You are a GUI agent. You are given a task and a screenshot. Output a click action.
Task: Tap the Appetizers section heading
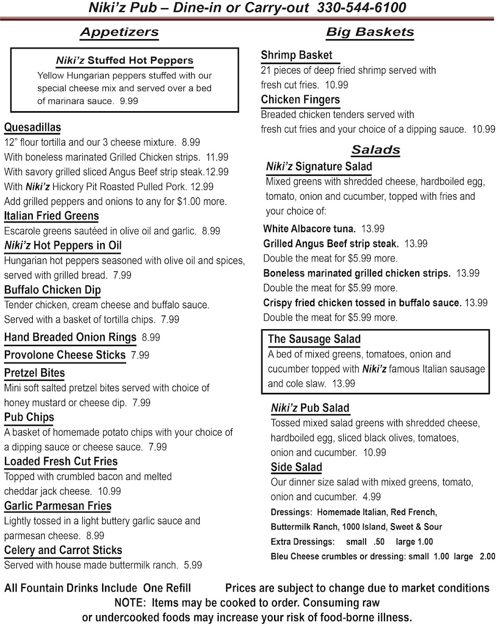(x=119, y=32)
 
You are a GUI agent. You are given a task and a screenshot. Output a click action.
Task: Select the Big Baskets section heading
(x=370, y=32)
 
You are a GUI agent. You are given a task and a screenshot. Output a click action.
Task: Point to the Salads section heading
(x=376, y=150)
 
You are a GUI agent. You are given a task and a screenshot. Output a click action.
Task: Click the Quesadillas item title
(x=32, y=127)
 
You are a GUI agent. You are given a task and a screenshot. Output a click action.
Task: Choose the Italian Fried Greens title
(x=52, y=216)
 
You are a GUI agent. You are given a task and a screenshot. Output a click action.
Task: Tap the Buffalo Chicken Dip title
(x=53, y=290)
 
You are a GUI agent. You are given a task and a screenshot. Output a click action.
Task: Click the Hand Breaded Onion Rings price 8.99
(x=151, y=338)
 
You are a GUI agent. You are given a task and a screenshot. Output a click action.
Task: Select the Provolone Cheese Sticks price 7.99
(x=140, y=355)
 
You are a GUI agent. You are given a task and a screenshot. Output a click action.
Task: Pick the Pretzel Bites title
(x=34, y=373)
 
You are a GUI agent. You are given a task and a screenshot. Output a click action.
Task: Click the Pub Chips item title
(x=29, y=417)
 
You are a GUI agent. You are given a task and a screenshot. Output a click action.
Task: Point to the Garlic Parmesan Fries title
(x=58, y=506)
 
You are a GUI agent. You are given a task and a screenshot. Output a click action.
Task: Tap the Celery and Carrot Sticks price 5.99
(x=193, y=565)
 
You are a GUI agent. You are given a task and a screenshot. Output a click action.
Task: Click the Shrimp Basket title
(x=296, y=55)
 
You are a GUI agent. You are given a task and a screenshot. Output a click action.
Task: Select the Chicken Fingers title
(x=300, y=100)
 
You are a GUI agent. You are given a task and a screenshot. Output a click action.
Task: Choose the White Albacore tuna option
(x=309, y=228)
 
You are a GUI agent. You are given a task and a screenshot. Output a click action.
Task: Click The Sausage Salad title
(x=314, y=339)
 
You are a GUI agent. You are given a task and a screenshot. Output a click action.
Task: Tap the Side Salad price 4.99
(x=370, y=497)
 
